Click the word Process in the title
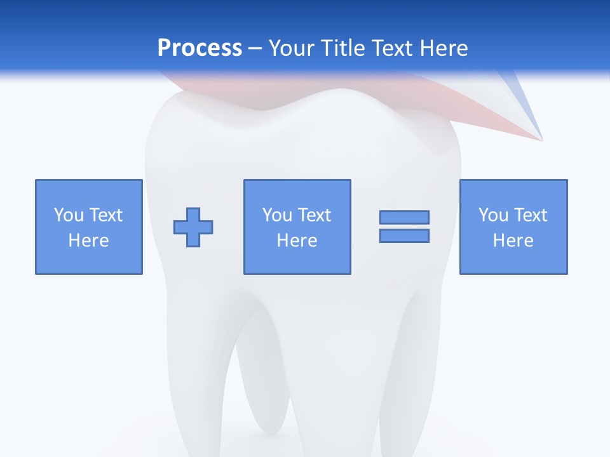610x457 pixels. point(200,48)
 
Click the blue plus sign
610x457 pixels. point(193,227)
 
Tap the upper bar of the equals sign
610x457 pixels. point(404,217)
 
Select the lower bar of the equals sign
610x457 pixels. point(404,235)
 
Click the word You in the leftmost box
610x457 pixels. point(69,215)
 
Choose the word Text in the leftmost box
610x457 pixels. point(105,215)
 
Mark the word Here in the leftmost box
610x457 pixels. point(88,241)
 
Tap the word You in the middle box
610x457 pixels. point(277,215)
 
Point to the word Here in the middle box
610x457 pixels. point(297,241)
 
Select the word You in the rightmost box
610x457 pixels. point(493,215)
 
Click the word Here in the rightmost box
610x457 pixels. point(513,241)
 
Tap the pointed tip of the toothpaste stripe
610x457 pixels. point(541,139)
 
